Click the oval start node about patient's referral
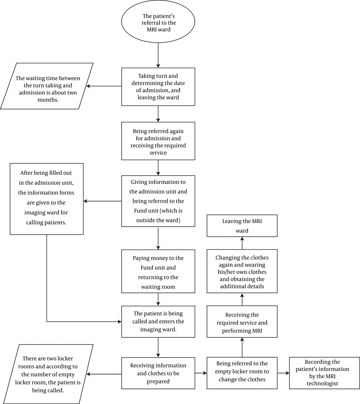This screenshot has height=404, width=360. point(158,21)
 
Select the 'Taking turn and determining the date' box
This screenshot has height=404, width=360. point(158,87)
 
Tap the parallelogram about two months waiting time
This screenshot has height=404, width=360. point(47,86)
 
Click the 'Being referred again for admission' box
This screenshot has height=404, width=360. point(158,141)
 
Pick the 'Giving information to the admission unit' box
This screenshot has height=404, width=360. point(158,201)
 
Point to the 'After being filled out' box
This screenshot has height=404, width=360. point(47,199)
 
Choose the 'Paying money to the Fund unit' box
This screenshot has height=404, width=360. point(158,271)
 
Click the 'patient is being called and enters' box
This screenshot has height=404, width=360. point(158,322)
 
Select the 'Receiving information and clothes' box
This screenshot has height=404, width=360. point(158,373)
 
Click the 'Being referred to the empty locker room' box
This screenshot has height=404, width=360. point(242,373)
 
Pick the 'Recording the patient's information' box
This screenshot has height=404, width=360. point(324,373)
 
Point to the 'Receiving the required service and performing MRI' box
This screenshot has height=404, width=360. point(242,322)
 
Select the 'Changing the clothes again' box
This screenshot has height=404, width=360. point(242,271)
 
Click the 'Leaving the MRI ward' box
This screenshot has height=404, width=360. point(242,226)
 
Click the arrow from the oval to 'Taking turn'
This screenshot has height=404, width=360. point(158,55)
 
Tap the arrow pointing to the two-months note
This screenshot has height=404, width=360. point(104,86)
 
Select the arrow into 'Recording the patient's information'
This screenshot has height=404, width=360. point(283,373)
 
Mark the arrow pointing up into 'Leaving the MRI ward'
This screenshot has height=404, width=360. point(242,243)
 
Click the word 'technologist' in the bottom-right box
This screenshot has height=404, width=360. point(322,383)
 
